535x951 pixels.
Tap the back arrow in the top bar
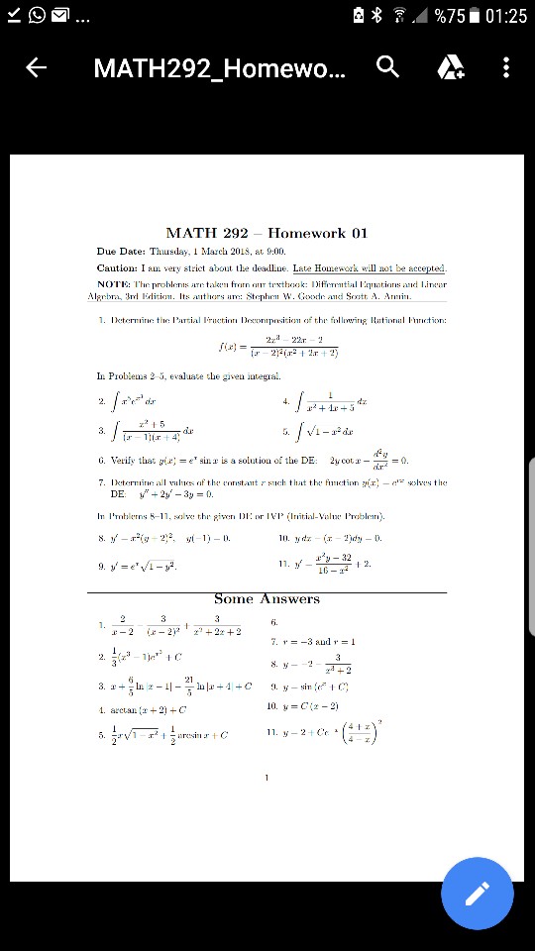pos(37,67)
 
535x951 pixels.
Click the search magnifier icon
pos(388,66)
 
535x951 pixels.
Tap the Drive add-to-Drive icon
pos(450,66)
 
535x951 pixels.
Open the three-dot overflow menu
pos(506,66)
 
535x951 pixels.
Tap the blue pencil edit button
pos(477,894)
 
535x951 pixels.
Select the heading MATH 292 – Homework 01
pos(267,233)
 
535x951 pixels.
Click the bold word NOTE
pos(115,283)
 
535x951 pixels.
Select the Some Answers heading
pos(267,598)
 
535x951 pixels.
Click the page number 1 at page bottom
pos(267,778)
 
